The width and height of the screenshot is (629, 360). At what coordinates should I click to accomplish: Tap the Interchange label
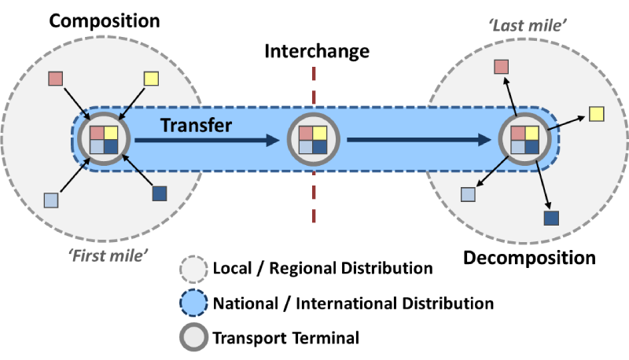point(316,52)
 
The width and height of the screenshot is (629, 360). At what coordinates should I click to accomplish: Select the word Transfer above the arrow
point(197,124)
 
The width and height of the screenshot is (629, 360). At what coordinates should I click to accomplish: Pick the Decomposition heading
point(529,257)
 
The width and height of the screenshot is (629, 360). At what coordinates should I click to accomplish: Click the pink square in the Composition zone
point(56,79)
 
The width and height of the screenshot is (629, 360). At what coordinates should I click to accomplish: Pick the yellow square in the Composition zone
point(152,79)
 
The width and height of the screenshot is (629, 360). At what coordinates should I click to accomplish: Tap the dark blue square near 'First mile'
point(159,193)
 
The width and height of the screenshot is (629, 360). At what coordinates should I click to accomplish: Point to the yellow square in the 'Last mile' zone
point(597,114)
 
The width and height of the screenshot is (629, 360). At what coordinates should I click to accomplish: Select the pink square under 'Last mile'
point(502,68)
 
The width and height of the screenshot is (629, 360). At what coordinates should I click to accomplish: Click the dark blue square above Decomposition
point(551,219)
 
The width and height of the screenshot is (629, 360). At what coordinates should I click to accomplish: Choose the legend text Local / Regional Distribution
point(322,268)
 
